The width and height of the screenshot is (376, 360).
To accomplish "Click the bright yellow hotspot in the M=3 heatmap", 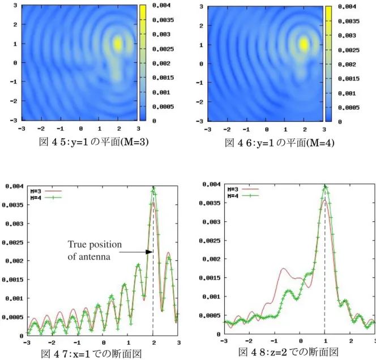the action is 118,44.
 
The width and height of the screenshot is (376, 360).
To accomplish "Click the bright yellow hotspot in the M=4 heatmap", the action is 304,45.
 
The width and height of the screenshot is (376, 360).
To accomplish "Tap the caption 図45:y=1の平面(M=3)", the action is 94,142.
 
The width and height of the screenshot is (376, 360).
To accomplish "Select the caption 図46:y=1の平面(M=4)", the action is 280,143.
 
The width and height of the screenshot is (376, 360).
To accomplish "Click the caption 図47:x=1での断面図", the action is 92,354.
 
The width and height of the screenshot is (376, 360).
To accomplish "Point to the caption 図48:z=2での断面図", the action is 288,352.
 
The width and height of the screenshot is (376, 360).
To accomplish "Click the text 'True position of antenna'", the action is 95,250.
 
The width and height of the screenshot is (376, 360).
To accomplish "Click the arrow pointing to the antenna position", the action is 136,252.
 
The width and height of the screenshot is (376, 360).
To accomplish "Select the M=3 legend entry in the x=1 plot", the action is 46,191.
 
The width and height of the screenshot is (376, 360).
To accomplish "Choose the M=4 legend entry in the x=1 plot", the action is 46,198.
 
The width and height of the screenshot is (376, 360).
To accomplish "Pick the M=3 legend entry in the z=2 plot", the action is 243,190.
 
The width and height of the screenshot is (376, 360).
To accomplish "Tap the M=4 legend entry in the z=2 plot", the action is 243,196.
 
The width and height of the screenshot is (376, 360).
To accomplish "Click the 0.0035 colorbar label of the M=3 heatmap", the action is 163,20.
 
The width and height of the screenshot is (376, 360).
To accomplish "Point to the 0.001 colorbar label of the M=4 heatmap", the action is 347,93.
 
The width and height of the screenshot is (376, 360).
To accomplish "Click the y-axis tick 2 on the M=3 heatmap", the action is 15,24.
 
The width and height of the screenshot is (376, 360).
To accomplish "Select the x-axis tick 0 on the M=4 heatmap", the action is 267,130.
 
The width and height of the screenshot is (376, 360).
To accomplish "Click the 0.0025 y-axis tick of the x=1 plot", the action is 13,243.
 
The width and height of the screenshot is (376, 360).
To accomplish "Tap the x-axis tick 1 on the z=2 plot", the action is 325,341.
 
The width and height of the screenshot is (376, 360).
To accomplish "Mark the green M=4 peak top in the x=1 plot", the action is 153,188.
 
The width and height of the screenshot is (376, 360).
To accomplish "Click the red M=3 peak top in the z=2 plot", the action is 324,200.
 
